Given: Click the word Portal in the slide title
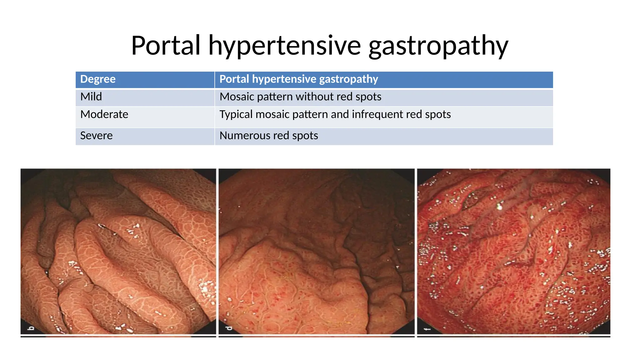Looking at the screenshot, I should (166, 46).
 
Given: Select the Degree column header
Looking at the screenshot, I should (98, 79).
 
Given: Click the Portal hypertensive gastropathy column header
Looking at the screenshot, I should (298, 79).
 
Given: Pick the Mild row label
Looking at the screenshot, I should (91, 97).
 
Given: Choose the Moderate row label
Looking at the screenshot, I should (104, 115).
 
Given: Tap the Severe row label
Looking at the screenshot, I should (96, 136).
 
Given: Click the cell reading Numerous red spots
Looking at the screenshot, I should (269, 136).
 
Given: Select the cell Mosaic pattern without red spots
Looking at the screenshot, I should (300, 97).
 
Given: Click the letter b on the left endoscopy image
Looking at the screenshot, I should (31, 328).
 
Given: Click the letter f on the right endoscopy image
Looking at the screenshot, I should (427, 329).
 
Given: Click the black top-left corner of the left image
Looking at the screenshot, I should (28, 175).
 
